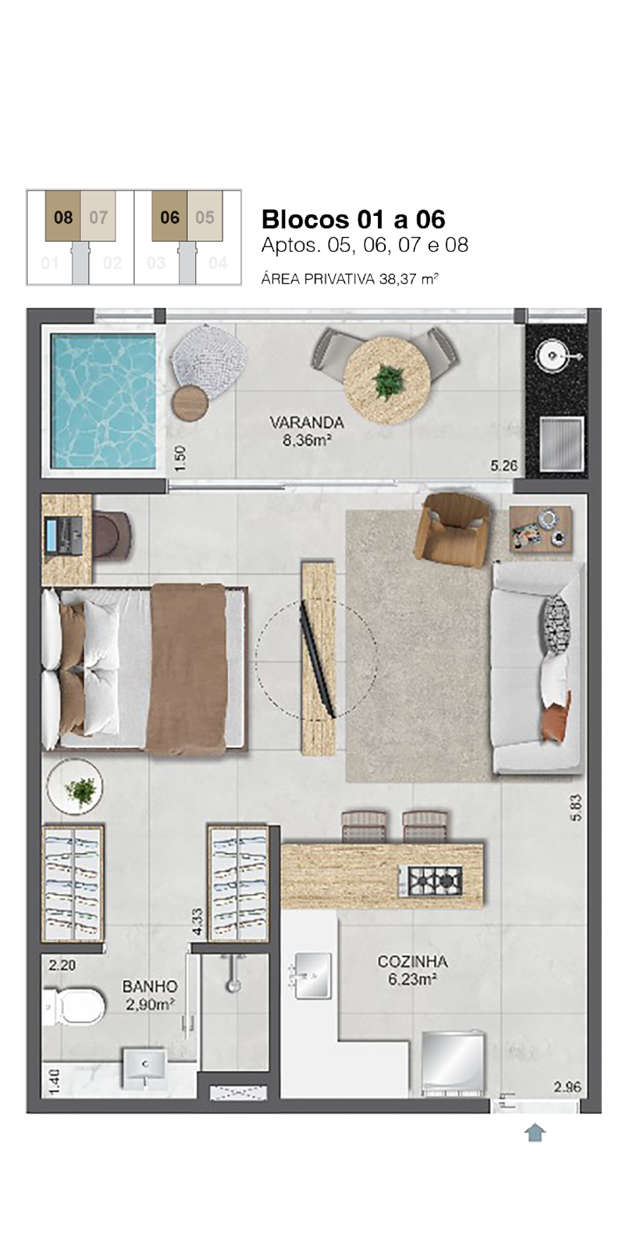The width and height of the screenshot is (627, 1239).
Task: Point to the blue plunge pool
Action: [x=103, y=402]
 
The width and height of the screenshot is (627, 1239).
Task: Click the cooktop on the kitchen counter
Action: [x=431, y=879]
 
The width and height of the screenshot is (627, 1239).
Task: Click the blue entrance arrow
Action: [x=535, y=1132]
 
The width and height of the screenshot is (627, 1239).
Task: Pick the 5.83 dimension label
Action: [x=577, y=808]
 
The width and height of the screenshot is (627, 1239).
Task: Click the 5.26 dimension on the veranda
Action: [x=504, y=466]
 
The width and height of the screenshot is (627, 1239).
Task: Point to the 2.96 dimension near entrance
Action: [x=567, y=1087]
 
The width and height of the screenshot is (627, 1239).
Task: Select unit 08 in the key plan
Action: [x=63, y=217]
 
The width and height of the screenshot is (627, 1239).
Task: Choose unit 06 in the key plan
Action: [x=170, y=217]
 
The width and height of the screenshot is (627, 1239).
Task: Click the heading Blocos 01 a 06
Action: [x=353, y=220]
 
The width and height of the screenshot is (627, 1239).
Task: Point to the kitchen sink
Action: [x=309, y=976]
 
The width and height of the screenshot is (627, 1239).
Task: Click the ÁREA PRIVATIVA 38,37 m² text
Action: [x=350, y=279]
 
